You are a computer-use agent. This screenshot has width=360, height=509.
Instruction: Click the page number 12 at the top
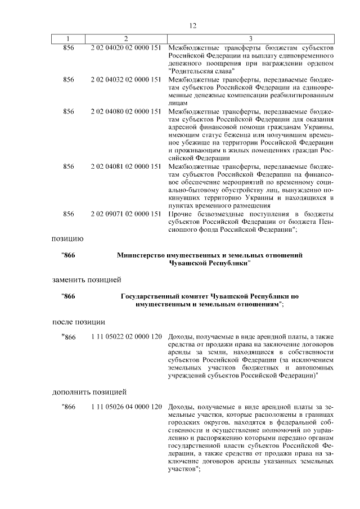click(192, 26)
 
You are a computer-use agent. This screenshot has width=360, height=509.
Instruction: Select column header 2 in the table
click(126, 39)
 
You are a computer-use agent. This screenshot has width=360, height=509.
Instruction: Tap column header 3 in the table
click(250, 39)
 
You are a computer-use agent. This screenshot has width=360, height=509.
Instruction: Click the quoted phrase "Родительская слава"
click(199, 72)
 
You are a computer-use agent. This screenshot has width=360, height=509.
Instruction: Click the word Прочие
click(180, 214)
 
